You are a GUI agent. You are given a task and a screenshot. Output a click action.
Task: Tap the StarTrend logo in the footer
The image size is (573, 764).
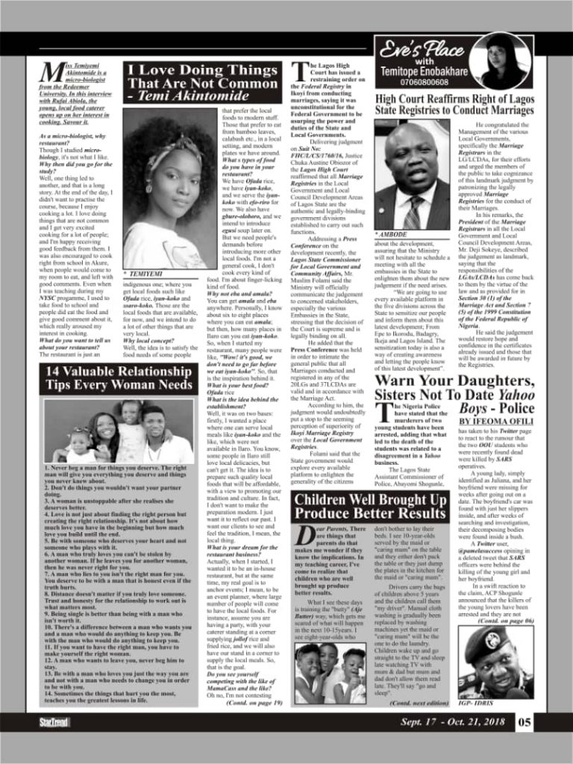pyautogui.click(x=55, y=723)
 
